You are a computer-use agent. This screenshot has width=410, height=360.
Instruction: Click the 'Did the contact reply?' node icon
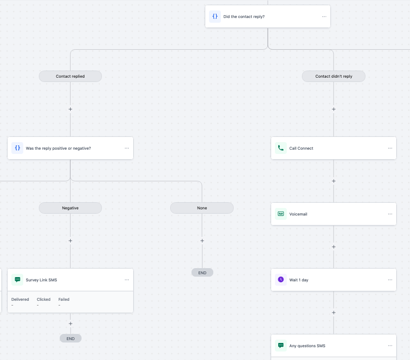pos(215,17)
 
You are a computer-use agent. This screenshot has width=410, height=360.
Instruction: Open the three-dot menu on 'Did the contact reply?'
pos(324,17)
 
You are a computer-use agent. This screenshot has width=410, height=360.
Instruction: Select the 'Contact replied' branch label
pos(70,76)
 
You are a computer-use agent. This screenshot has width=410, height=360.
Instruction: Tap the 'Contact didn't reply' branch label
pos(334,76)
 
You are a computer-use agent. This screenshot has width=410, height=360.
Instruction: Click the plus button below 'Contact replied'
pos(70,109)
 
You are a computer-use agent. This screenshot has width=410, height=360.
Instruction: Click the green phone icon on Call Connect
pos(281,148)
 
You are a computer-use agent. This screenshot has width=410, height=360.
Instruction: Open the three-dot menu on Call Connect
pos(390,148)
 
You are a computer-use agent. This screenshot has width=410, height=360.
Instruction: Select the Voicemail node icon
pos(281,214)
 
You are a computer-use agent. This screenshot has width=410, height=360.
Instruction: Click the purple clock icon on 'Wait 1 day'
pos(281,280)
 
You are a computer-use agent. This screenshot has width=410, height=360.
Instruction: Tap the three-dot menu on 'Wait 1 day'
pos(390,280)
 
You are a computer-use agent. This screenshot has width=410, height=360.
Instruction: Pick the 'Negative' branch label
pos(70,208)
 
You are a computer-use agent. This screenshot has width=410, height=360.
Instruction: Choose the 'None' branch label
pos(202,208)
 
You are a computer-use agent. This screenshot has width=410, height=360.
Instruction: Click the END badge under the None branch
pos(202,272)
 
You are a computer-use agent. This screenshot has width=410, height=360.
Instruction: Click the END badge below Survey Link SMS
pos(71,338)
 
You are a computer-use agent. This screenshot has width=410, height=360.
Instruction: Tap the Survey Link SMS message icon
pos(18,280)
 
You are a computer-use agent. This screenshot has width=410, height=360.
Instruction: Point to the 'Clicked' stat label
pos(44,299)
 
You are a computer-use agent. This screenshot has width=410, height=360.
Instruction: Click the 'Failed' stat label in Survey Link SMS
pos(64,299)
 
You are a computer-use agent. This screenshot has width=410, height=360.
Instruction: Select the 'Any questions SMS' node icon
pos(281,346)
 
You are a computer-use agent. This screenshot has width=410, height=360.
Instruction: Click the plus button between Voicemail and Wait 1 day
pos(334,247)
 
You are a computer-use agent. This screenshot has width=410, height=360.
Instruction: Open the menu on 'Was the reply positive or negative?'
pos(127,148)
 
